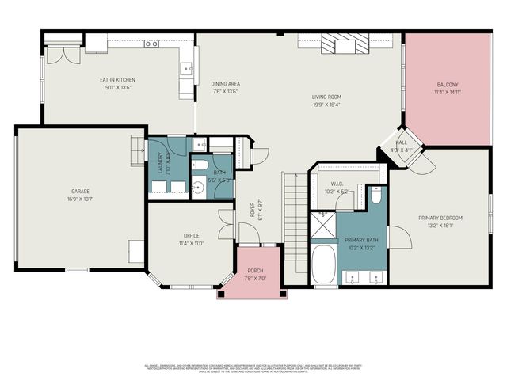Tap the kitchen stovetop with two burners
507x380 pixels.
151,44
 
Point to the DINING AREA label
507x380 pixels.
225,83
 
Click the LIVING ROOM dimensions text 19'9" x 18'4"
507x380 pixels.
326,104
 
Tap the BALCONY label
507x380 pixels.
448,85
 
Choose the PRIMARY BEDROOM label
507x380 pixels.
440,218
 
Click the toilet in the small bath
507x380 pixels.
200,165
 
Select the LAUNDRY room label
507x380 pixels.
161,163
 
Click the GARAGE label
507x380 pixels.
80,191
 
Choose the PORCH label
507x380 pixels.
255,271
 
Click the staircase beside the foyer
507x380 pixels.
294,226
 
